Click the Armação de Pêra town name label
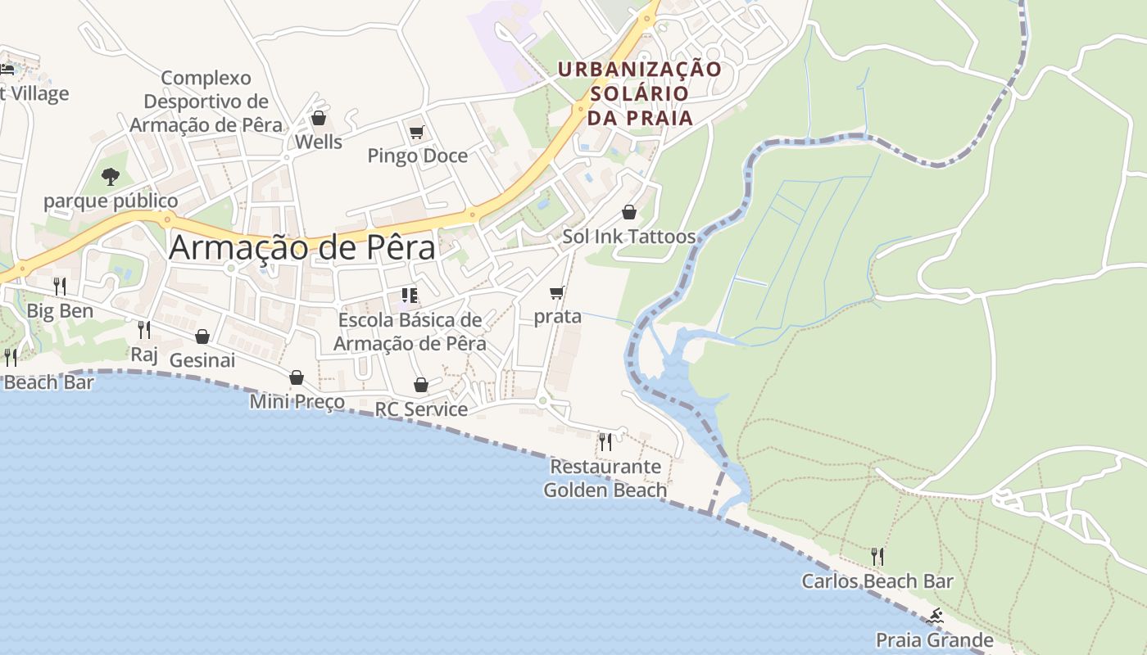[301, 248]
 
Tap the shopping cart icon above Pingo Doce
[416, 132]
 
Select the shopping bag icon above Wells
[319, 119]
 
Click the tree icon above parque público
[110, 176]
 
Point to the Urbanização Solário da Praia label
[640, 93]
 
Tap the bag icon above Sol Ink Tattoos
[628, 212]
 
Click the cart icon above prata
[557, 292]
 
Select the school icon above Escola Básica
[410, 296]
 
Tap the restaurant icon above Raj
[144, 330]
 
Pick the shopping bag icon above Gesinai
[202, 337]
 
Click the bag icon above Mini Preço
[297, 377]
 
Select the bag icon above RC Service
[421, 385]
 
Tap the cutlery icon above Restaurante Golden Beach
[605, 442]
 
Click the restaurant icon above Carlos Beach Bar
[877, 557]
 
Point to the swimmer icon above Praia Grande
[935, 617]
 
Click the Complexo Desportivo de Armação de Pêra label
[206, 102]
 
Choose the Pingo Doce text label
[417, 156]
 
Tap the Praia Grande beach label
[935, 639]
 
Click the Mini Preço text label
[297, 401]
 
